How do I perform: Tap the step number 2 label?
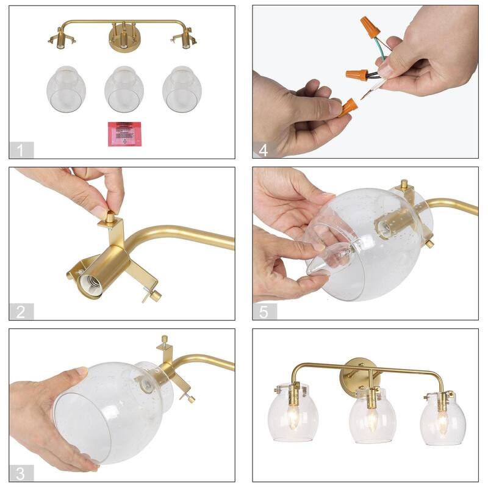point(21,312)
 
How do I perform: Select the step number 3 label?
point(21,473)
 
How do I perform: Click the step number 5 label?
point(264,312)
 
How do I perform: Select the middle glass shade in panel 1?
point(124,88)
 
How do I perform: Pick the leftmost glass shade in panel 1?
point(66,88)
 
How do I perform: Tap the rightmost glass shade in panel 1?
point(182,88)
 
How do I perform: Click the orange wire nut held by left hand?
point(347,107)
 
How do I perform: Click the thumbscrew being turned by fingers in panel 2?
point(110,216)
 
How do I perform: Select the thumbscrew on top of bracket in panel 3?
point(164,340)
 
